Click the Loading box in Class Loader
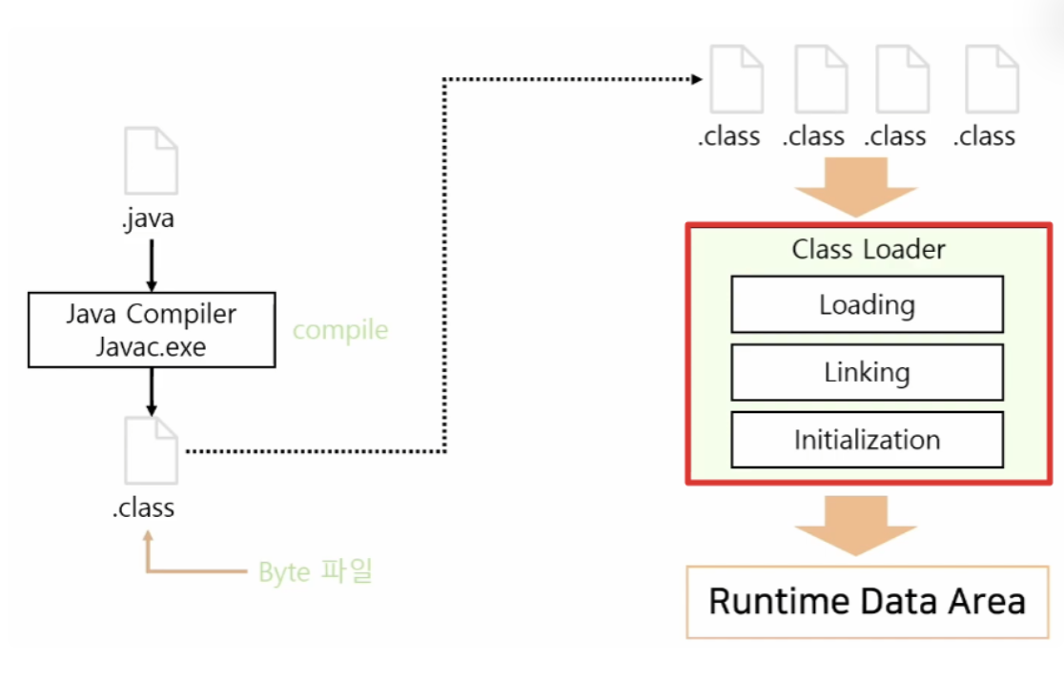pyautogui.click(x=867, y=304)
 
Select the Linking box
pyautogui.click(x=867, y=372)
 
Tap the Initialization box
pyautogui.click(x=867, y=439)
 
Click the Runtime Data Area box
pyautogui.click(x=868, y=602)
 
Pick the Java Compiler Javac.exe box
pyautogui.click(x=152, y=330)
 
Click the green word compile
pyautogui.click(x=340, y=330)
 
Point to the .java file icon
pyautogui.click(x=152, y=160)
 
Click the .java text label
pyautogui.click(x=148, y=217)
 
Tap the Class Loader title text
pyautogui.click(x=868, y=249)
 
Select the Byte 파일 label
pyautogui.click(x=316, y=571)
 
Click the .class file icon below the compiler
pyautogui.click(x=152, y=450)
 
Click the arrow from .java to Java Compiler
pyautogui.click(x=152, y=265)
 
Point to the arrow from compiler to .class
pyautogui.click(x=152, y=392)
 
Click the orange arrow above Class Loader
pyautogui.click(x=855, y=187)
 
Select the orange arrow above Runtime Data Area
pyautogui.click(x=855, y=526)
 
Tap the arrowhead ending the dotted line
pyautogui.click(x=697, y=79)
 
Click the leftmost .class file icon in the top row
pyautogui.click(x=736, y=79)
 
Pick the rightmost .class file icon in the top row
pyautogui.click(x=992, y=79)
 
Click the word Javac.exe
pyautogui.click(x=151, y=347)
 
